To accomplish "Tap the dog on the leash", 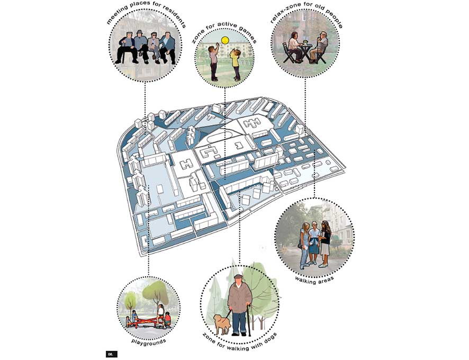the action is click(x=222, y=324).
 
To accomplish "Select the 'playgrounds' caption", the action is click(x=149, y=341).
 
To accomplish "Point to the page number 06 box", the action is click(x=111, y=354).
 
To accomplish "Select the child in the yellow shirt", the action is click(x=235, y=65).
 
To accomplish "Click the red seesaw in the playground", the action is click(x=146, y=322).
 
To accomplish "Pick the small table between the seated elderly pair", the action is click(x=305, y=51).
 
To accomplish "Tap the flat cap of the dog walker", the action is click(x=238, y=276).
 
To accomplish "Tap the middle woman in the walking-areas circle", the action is click(x=314, y=243).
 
